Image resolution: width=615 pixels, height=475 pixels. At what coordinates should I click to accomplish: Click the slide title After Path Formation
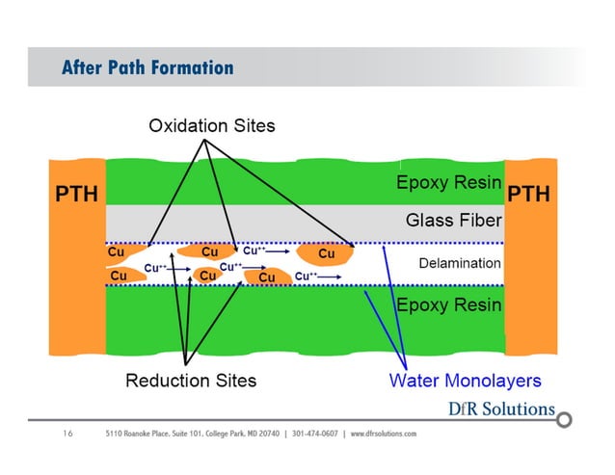tap(147, 67)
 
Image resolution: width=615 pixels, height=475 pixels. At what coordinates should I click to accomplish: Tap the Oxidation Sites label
tap(211, 126)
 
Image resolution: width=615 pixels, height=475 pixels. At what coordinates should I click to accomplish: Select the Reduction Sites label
tap(191, 380)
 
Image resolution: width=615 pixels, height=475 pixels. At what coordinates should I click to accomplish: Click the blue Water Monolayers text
tap(465, 380)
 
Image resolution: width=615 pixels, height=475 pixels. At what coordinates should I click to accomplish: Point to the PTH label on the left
tap(75, 195)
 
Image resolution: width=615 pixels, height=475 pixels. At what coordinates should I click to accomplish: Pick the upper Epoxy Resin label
tap(449, 182)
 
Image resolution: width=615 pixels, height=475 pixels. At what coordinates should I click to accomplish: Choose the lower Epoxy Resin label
tap(449, 305)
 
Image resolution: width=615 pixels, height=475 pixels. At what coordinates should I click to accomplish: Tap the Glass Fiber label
tap(453, 221)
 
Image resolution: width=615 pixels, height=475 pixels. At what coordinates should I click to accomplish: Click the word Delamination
tap(460, 262)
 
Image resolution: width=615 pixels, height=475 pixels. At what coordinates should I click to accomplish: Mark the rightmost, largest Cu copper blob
tap(326, 253)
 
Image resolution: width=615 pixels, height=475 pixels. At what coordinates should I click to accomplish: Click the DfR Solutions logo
tap(501, 409)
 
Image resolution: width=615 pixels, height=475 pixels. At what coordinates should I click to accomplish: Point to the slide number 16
tap(67, 435)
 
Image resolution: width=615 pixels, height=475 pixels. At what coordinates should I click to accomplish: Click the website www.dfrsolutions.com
tap(384, 435)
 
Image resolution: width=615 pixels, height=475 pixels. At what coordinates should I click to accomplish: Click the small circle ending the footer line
tap(565, 420)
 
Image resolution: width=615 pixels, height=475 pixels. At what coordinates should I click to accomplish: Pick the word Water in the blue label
tap(414, 380)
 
